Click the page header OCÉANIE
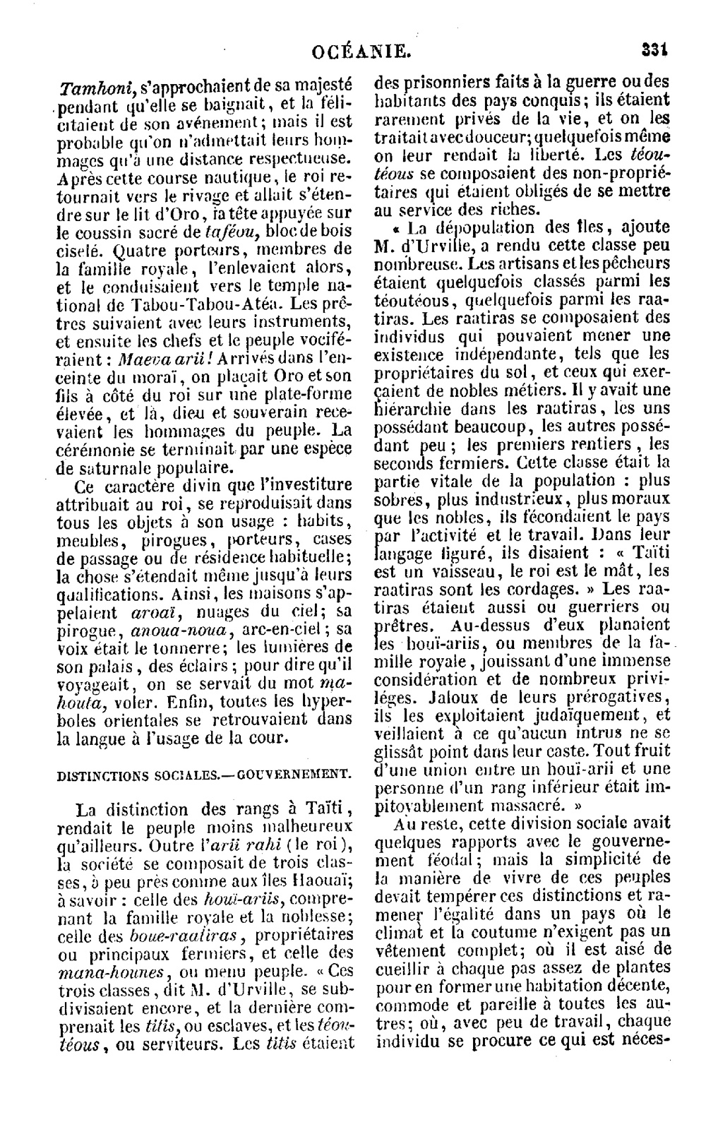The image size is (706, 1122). coord(361,50)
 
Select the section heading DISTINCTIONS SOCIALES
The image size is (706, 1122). coord(138,775)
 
